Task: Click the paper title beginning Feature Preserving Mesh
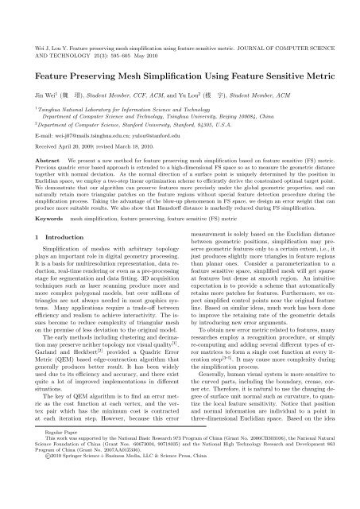coord(180,59)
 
